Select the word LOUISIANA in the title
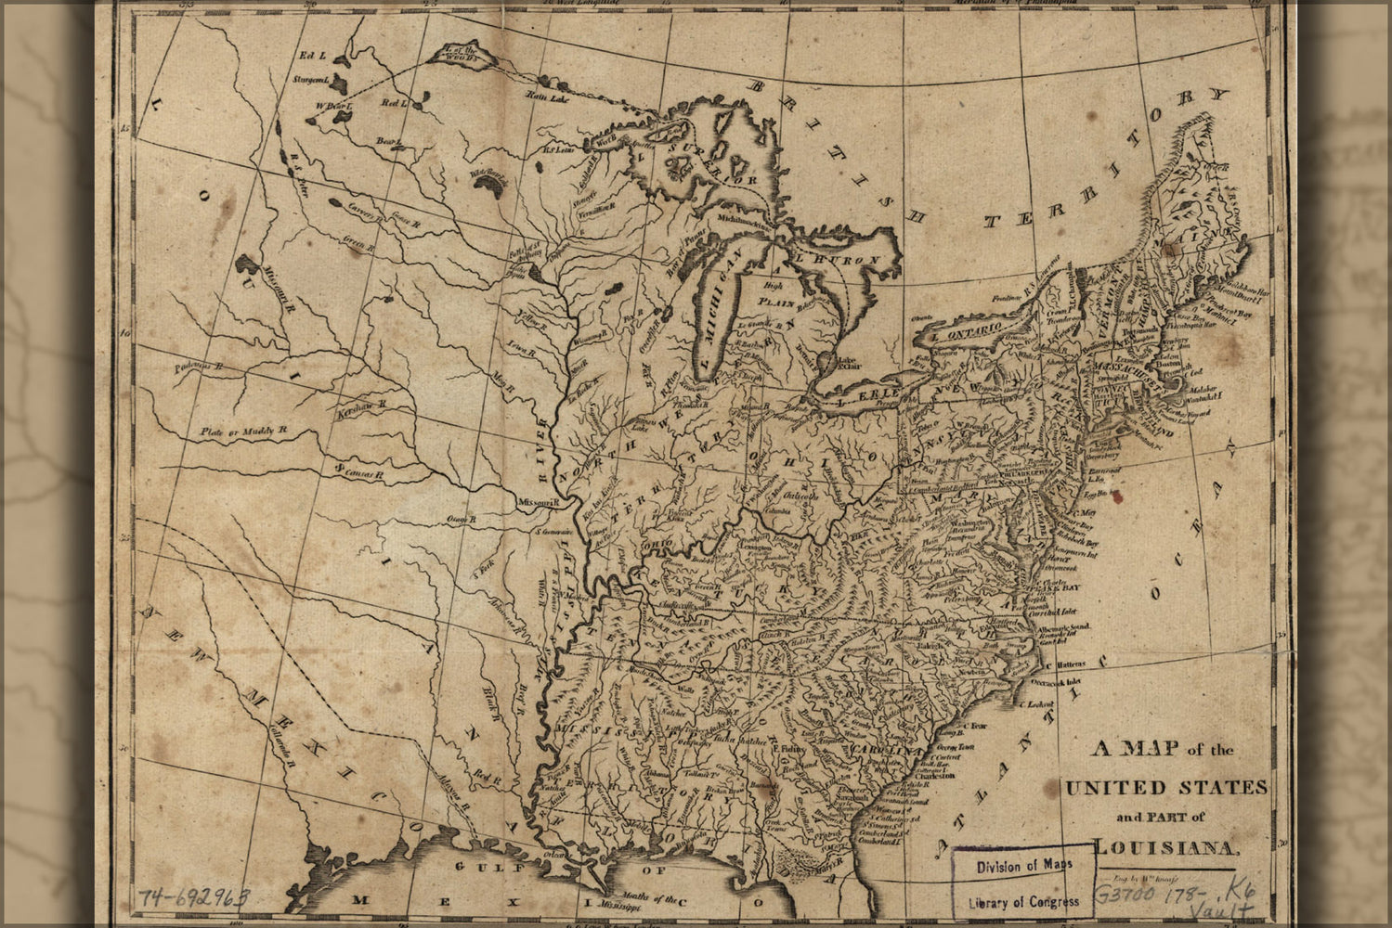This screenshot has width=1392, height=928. pos(1166,846)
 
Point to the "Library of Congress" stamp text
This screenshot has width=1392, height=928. pos(1023,901)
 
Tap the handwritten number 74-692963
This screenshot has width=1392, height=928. pos(195,897)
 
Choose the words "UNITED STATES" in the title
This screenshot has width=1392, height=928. pos(1166,788)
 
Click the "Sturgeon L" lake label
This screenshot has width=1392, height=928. pos(311,81)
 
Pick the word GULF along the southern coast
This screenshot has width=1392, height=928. pos(487,868)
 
